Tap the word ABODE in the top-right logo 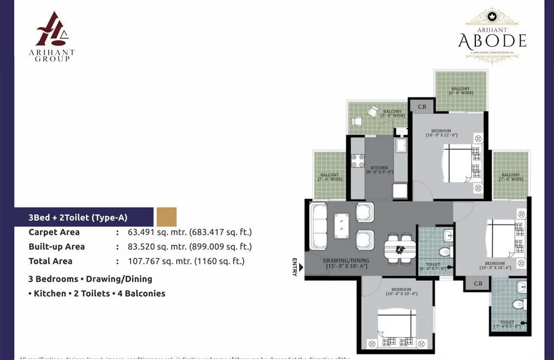point(492,40)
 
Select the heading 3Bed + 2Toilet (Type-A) point(78,218)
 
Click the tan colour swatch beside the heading point(166,217)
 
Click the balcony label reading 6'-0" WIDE point(460,91)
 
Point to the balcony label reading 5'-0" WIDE point(392,114)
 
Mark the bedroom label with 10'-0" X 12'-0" point(442,133)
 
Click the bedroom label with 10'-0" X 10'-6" point(494,266)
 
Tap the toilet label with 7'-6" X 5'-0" point(507,325)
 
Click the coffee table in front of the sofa point(342,225)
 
